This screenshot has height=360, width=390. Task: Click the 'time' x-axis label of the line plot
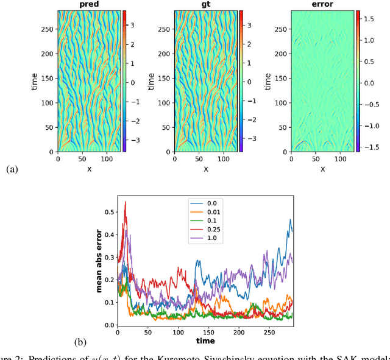pyautogui.click(x=205, y=341)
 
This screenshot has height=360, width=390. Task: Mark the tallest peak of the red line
pyautogui.click(x=126, y=202)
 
